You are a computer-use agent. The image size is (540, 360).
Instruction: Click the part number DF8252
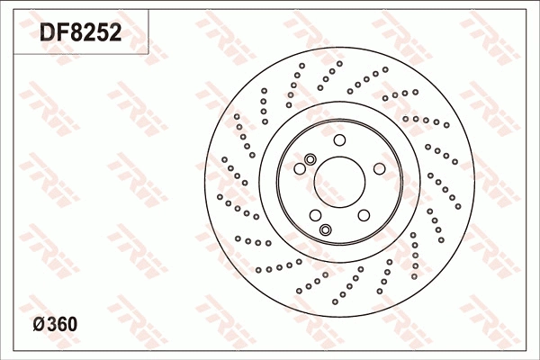pyautogui.click(x=79, y=34)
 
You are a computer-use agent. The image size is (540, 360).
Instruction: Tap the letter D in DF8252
pyautogui.click(x=47, y=34)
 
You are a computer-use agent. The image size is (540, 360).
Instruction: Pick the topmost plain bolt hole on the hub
pyautogui.click(x=339, y=140)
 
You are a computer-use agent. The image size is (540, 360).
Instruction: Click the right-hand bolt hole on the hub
pyautogui.click(x=379, y=168)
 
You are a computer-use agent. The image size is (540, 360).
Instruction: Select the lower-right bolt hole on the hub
pyautogui.click(x=364, y=215)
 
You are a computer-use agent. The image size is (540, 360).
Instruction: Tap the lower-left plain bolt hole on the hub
pyautogui.click(x=315, y=215)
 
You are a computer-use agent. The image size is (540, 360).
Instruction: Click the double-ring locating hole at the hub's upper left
pyautogui.click(x=310, y=159)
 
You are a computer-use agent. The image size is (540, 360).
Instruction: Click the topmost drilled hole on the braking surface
pyautogui.click(x=339, y=64)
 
